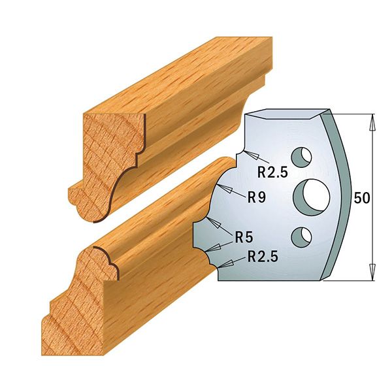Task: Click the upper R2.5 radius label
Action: click(x=272, y=172)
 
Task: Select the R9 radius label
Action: click(x=257, y=197)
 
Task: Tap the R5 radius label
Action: click(x=244, y=237)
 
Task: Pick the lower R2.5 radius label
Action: click(x=263, y=257)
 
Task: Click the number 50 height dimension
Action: click(x=361, y=198)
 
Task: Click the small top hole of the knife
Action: click(x=302, y=157)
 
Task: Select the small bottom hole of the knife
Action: click(x=301, y=237)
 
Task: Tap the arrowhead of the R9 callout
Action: click(x=223, y=188)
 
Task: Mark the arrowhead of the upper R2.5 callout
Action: click(x=251, y=155)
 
